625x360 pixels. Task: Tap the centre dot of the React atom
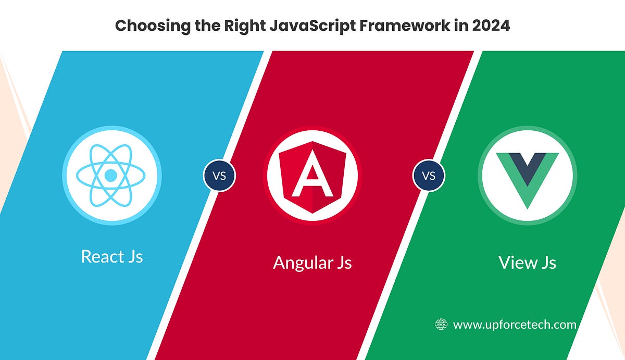pos(111,176)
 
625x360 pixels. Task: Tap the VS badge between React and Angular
pos(219,176)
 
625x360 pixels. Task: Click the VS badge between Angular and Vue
pos(428,176)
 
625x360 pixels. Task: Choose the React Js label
pos(112,256)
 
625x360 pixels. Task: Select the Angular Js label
pos(312,262)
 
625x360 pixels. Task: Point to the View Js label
pos(527,262)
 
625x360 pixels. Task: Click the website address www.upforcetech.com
pos(515,325)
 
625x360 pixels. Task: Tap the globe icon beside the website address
pos(441,325)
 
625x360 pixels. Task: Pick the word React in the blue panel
pos(103,256)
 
